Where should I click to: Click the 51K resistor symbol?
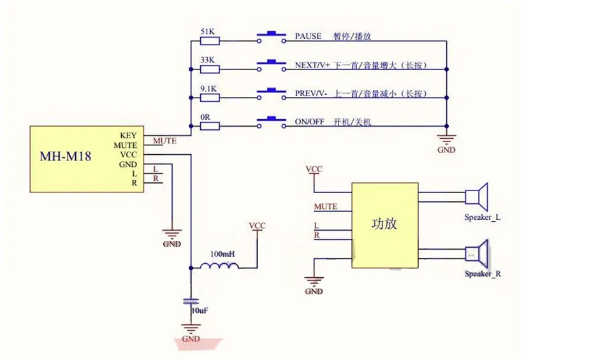tap(210, 41)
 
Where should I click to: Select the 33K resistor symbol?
tap(210, 69)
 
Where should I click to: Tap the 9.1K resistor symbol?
tap(210, 97)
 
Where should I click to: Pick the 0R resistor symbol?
tap(210, 126)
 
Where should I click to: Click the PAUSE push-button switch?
tap(272, 37)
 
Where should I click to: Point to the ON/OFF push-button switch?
tap(272, 122)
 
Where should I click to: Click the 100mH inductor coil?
tap(219, 266)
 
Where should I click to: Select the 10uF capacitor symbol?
tap(191, 301)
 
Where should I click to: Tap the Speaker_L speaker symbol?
tap(477, 197)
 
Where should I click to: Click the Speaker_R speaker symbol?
tap(477, 254)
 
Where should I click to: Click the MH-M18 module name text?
tap(65, 156)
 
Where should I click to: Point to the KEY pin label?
tap(128, 135)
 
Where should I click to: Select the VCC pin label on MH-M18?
tap(128, 154)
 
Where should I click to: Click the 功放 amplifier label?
tap(384, 224)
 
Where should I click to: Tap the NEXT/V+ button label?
tap(312, 65)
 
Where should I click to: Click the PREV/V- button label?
tap(310, 94)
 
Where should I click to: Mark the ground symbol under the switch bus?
tap(446, 139)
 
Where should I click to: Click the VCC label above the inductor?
tap(257, 226)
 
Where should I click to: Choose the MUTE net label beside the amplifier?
tap(326, 206)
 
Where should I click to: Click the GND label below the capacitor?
tap(191, 339)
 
